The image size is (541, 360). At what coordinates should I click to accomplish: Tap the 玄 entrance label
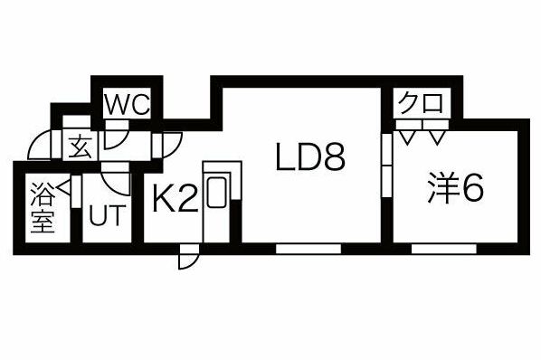(81, 146)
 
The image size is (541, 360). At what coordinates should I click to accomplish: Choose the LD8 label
(310, 159)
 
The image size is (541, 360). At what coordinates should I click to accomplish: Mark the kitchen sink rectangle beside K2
(217, 195)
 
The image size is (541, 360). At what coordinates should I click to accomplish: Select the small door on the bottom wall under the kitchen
(187, 257)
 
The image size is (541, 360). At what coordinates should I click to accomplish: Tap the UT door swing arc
(118, 178)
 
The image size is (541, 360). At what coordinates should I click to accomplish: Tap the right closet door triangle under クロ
(436, 137)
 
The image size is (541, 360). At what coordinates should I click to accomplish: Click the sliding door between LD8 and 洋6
(386, 163)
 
